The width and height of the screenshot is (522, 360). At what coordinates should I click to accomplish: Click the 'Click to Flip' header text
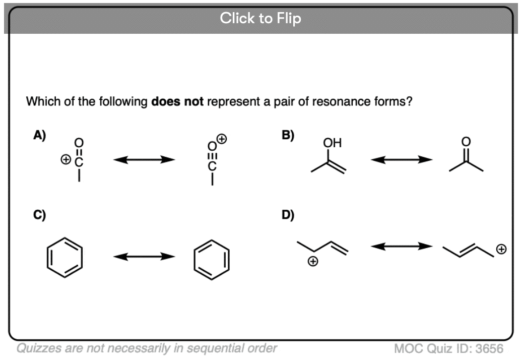tap(260, 19)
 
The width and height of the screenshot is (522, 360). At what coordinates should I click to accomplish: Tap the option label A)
tap(40, 135)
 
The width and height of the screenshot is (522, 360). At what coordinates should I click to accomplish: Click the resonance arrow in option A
tap(144, 160)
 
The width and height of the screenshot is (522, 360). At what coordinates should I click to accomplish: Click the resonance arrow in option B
tap(401, 160)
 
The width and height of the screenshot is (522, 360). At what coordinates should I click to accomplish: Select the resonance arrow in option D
tap(401, 247)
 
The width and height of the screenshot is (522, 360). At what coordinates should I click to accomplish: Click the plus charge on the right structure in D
tap(501, 249)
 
